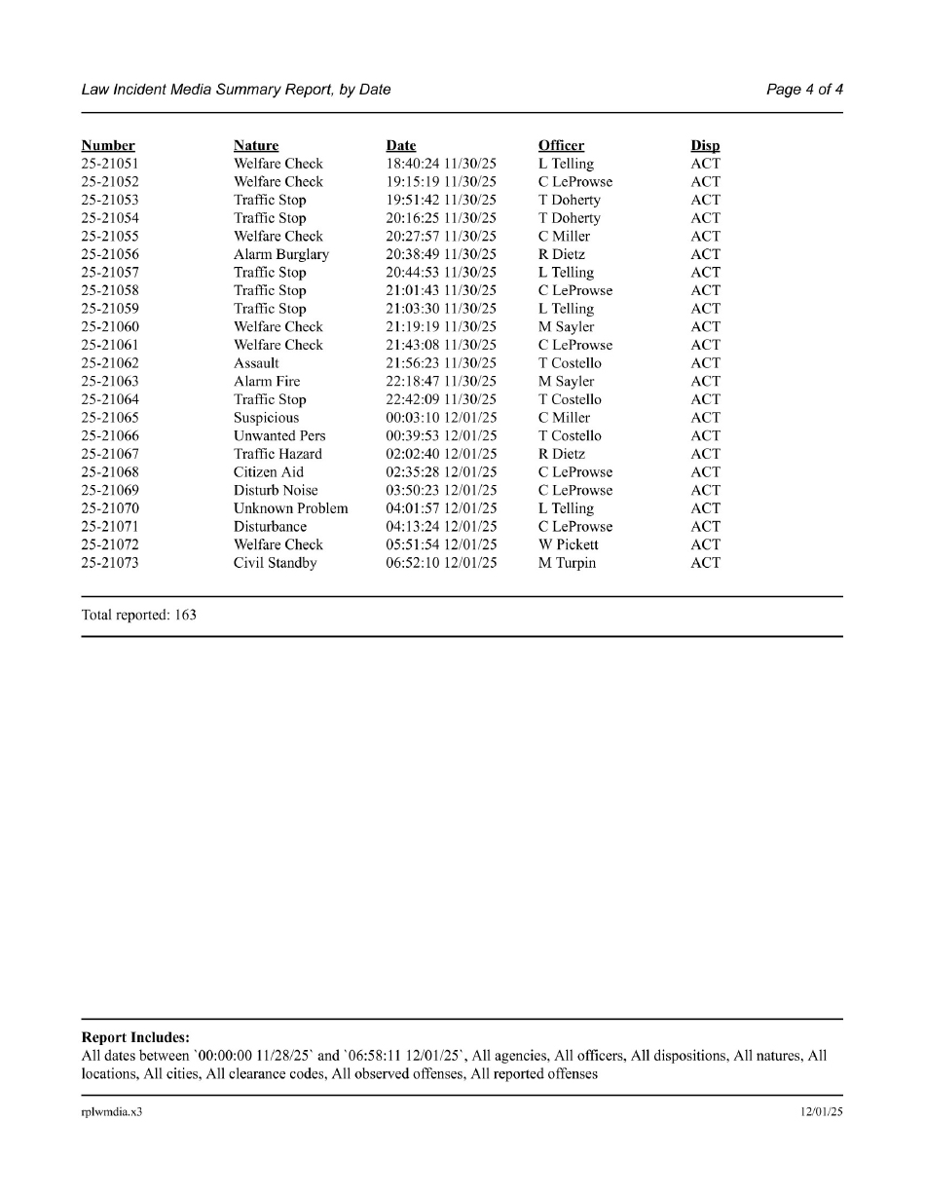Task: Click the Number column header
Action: click(x=108, y=146)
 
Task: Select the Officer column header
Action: click(x=561, y=146)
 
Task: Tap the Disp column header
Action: click(x=705, y=146)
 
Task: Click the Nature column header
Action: click(x=256, y=146)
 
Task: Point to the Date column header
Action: click(x=401, y=146)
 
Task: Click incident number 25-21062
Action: click(x=110, y=363)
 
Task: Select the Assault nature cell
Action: click(x=256, y=363)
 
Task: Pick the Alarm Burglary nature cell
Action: click(x=281, y=254)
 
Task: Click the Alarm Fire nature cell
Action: click(x=267, y=382)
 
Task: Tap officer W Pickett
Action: click(x=569, y=544)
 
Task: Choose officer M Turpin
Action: click(x=568, y=563)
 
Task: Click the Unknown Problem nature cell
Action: click(x=290, y=508)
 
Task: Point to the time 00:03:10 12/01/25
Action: click(x=441, y=418)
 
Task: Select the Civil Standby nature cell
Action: click(x=275, y=563)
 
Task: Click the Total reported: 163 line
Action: click(x=139, y=615)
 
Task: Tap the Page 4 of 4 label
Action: click(x=804, y=90)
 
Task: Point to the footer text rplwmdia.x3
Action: click(x=112, y=1112)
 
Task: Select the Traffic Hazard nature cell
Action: click(x=277, y=454)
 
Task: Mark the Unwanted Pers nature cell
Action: click(x=279, y=436)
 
